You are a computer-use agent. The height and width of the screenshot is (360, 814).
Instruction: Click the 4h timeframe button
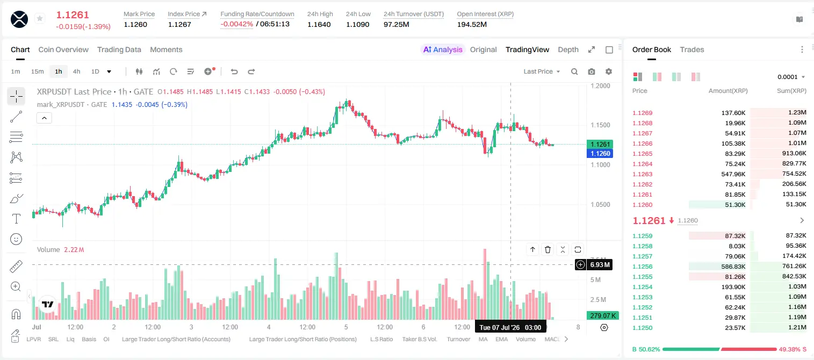[x=76, y=71]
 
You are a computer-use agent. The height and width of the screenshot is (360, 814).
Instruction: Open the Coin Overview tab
[x=63, y=49]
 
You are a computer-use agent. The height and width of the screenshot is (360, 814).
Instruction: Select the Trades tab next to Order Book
[x=692, y=49]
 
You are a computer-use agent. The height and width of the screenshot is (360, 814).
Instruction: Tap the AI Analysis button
[x=443, y=49]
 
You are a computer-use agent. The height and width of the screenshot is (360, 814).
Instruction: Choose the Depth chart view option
[x=568, y=49]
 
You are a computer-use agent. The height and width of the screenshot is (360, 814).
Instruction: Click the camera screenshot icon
[x=592, y=71]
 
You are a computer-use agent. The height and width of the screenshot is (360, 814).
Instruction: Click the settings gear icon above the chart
[x=609, y=71]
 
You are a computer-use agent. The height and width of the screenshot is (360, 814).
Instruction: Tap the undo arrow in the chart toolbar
[x=234, y=71]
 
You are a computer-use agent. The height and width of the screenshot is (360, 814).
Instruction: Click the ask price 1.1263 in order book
[x=642, y=174]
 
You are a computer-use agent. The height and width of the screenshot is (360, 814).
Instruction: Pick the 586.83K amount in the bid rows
[x=733, y=267]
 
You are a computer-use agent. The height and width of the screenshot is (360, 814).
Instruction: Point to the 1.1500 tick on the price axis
[x=600, y=125]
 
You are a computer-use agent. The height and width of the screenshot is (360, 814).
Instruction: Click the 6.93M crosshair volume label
[x=600, y=264]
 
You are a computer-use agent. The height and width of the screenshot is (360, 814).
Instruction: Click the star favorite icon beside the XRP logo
[x=40, y=18]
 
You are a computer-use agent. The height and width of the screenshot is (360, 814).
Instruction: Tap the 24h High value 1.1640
[x=319, y=24]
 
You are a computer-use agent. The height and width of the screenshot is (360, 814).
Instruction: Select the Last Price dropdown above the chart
[x=542, y=71]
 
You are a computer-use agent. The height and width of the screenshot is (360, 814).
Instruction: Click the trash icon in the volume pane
[x=548, y=249]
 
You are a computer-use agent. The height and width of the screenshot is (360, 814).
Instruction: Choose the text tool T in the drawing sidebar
[x=16, y=219]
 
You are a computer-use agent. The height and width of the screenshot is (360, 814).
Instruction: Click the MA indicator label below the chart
[x=483, y=339]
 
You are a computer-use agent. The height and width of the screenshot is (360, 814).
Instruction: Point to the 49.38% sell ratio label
[x=789, y=349]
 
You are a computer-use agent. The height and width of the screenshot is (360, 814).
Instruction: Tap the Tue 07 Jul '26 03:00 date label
[x=510, y=327]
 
